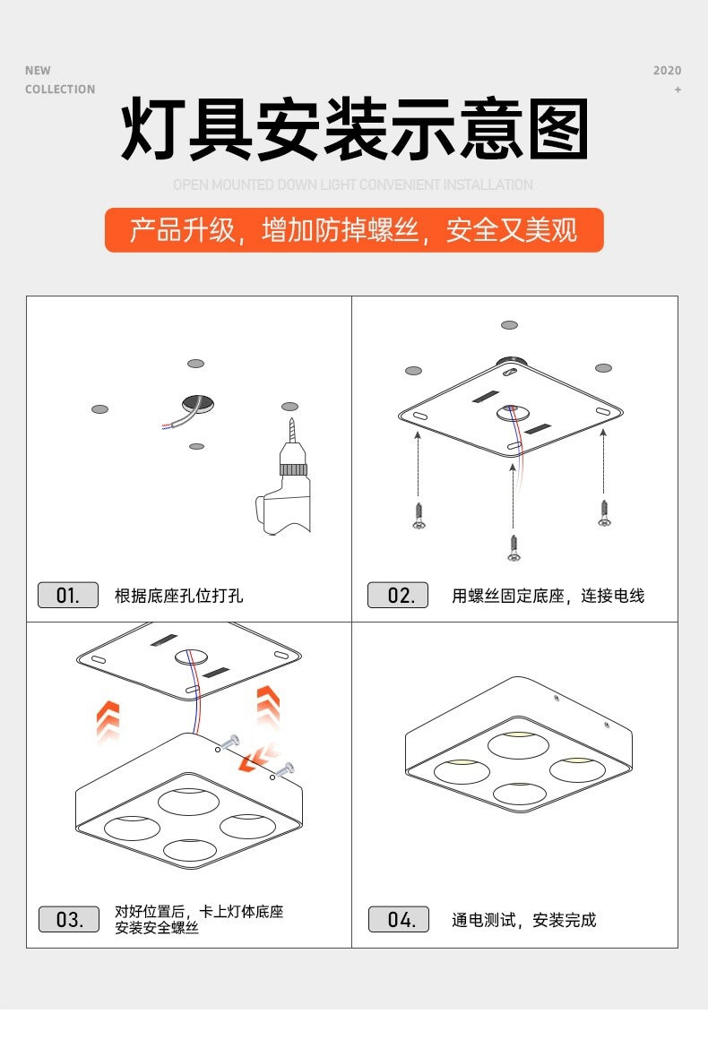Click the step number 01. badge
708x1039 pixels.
tap(68, 595)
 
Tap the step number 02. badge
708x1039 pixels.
tap(399, 595)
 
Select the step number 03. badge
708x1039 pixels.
tap(68, 919)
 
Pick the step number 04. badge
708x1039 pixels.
tap(399, 919)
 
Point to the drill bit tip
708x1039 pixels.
tap(291, 420)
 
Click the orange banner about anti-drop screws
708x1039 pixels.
tap(354, 230)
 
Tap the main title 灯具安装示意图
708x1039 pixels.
tap(354, 132)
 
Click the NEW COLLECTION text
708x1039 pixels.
tap(59, 80)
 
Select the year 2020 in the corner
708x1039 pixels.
tap(667, 71)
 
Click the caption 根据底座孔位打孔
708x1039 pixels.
tap(179, 596)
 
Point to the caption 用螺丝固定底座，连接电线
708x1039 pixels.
tap(548, 596)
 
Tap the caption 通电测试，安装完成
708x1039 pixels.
tap(523, 920)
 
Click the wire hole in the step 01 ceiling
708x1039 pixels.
tap(198, 403)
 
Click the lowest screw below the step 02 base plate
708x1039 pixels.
tap(514, 547)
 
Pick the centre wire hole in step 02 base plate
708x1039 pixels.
tap(513, 413)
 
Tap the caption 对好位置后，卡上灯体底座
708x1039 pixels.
tap(199, 912)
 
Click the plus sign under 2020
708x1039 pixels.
tap(678, 90)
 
